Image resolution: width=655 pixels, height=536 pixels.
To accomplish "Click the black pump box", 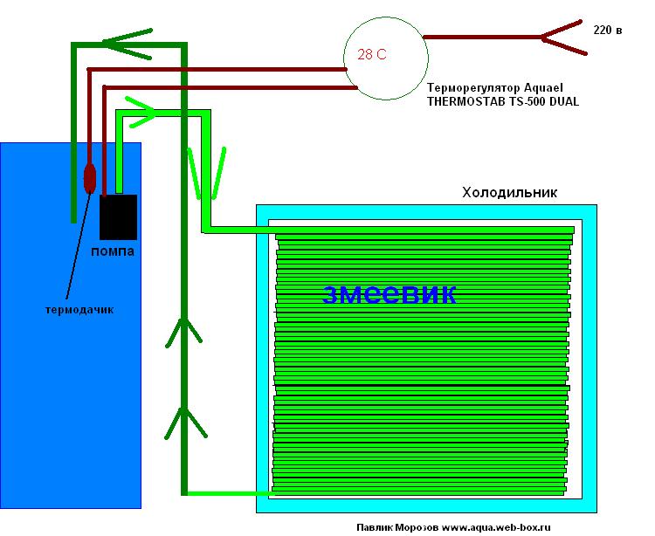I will coord(118,216).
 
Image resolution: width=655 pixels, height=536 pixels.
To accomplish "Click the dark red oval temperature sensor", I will coord(89,177).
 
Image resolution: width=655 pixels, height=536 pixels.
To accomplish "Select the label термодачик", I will coord(80,309).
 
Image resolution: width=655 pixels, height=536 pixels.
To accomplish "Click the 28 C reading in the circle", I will coord(372,54).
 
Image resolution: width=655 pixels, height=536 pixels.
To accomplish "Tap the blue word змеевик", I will coord(389,294).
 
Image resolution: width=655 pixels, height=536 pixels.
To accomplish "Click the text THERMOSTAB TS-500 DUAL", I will coord(502,101).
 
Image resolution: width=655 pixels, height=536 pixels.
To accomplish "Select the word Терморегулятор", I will coord(473,88).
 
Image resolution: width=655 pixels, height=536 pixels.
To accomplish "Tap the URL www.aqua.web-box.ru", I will coord(496,527).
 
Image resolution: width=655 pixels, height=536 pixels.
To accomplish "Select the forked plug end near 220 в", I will coord(559,38).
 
